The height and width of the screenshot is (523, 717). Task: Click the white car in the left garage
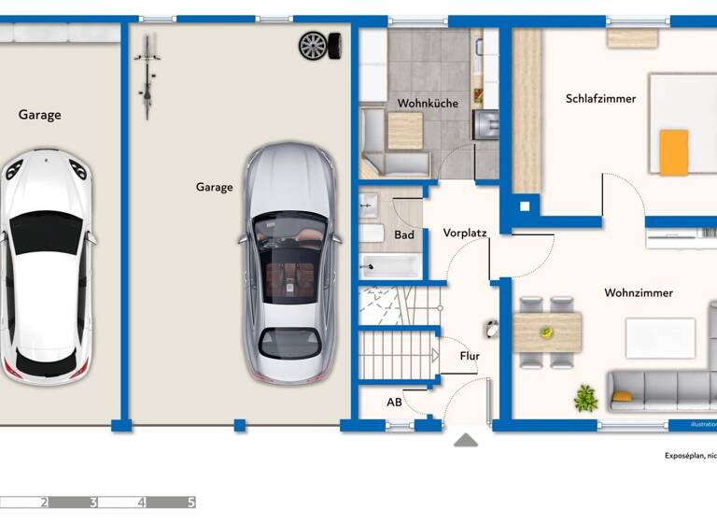point(45,266)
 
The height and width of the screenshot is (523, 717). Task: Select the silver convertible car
point(288,263)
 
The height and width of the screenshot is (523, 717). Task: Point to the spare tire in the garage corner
point(314,45)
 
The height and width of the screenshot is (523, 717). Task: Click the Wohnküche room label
point(428,104)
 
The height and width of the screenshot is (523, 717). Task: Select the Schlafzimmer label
point(600,98)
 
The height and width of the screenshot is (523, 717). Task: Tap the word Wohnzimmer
point(638,293)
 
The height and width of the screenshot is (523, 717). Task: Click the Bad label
point(404,235)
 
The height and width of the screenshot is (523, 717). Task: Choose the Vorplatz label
point(465,233)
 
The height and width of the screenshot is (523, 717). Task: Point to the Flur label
point(470,356)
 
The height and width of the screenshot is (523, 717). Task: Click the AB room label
point(395,402)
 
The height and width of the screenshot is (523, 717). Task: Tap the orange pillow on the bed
point(673,152)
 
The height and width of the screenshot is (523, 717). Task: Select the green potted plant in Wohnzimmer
point(585,398)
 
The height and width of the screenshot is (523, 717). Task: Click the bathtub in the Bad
point(391,265)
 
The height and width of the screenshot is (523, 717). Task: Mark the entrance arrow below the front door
point(466,440)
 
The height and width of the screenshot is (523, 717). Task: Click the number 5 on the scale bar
point(191,502)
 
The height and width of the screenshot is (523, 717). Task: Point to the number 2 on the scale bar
point(43,502)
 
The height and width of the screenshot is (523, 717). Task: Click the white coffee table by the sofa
point(660,338)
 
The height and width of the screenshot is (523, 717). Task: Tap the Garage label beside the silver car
point(214,187)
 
